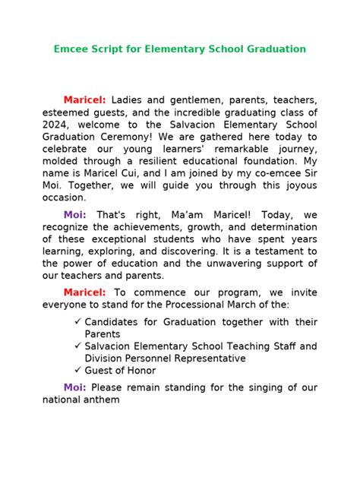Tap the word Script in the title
110,49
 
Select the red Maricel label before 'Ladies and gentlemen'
84,100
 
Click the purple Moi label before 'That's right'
74,216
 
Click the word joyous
299,185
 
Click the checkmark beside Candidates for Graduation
78,322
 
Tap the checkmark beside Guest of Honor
78,371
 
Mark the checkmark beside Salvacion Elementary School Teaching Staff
78,346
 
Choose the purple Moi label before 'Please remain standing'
74,388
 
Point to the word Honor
141,371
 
